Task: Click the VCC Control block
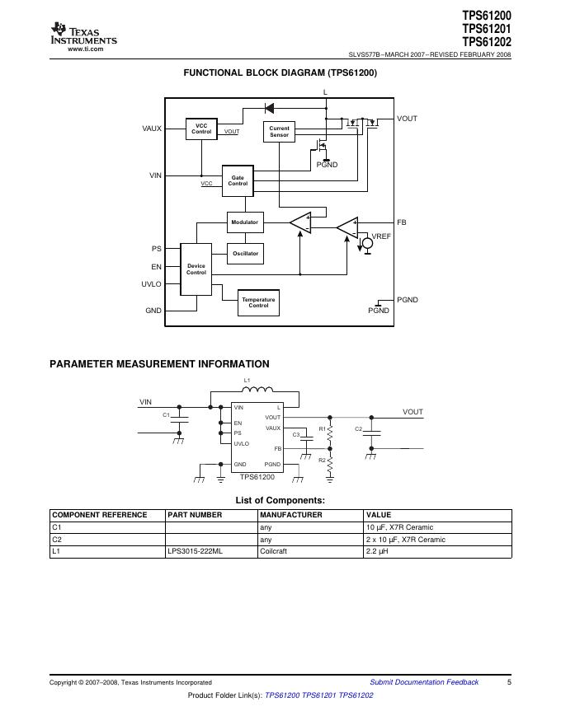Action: pyautogui.click(x=201, y=129)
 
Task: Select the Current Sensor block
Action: pyautogui.click(x=280, y=131)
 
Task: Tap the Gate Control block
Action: pyautogui.click(x=238, y=180)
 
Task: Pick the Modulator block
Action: pyautogui.click(x=244, y=222)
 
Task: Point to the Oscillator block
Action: pyautogui.click(x=244, y=254)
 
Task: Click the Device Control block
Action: pyautogui.click(x=196, y=269)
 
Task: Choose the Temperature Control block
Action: pyautogui.click(x=258, y=302)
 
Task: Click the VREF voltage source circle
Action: pyautogui.click(x=368, y=244)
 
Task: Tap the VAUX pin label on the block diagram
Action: pyautogui.click(x=152, y=129)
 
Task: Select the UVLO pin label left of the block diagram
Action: pyautogui.click(x=151, y=284)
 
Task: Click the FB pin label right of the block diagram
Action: pyautogui.click(x=402, y=222)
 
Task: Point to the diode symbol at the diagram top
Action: pyautogui.click(x=269, y=108)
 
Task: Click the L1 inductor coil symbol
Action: pyautogui.click(x=258, y=391)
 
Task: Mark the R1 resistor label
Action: pyautogui.click(x=322, y=429)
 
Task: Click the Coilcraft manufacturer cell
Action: pyautogui.click(x=273, y=552)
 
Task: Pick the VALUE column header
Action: pyautogui.click(x=379, y=515)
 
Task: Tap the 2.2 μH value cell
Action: pyautogui.click(x=377, y=552)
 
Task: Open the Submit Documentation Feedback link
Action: pyautogui.click(x=424, y=682)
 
